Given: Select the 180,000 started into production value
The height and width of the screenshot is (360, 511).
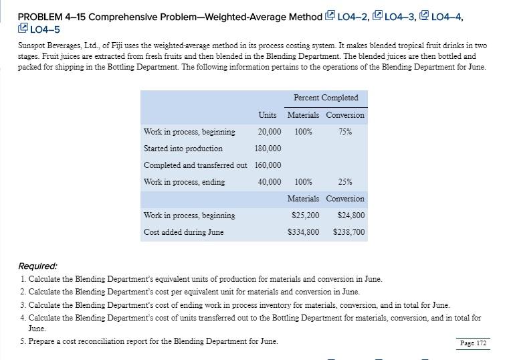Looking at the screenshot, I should point(268,149).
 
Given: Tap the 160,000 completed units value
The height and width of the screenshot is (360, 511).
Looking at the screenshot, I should point(268,165).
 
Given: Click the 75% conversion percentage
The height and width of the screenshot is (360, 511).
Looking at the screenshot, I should point(345,132).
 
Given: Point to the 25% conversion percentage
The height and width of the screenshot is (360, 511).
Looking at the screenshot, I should point(345,182).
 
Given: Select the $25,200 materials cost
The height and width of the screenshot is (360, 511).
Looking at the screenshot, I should point(306,215).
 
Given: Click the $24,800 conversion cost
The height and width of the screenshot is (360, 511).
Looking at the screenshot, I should point(350,215).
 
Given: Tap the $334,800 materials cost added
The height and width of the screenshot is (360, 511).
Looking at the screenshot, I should point(304,232).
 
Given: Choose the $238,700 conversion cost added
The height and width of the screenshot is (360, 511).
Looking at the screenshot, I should point(348,232).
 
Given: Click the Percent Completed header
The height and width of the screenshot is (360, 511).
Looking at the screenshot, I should point(326,98).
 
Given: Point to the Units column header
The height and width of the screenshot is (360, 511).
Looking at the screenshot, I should point(268,115).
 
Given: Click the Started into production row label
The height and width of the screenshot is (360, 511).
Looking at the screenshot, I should point(183,149).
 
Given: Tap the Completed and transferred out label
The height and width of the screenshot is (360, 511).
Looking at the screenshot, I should point(195,165).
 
